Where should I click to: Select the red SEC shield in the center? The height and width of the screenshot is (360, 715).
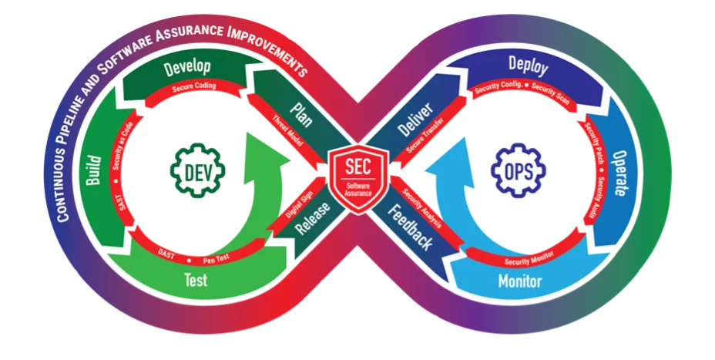[x=357, y=172]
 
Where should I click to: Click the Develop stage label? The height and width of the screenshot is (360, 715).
[x=188, y=69]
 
